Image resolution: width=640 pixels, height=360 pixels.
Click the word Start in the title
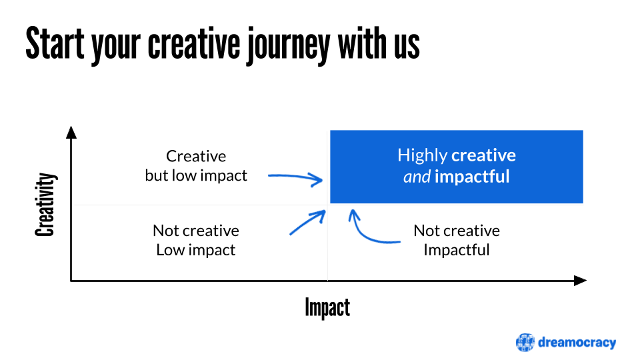[x=55, y=44]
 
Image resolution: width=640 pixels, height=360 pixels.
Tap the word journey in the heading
[x=288, y=46]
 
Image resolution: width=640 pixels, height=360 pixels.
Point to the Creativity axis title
[x=45, y=205]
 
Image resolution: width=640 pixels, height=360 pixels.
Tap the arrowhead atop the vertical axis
[x=71, y=132]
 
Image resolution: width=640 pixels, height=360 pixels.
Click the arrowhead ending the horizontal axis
[x=580, y=281]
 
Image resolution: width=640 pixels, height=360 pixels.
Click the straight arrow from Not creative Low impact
[x=307, y=223]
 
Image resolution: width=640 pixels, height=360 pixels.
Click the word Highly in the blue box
[x=423, y=155]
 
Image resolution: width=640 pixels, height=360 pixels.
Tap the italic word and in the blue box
[x=417, y=177]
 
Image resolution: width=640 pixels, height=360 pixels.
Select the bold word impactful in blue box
[x=472, y=177]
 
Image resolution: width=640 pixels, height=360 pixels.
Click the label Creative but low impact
[x=196, y=166]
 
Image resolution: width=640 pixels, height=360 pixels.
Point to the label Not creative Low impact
[x=196, y=240]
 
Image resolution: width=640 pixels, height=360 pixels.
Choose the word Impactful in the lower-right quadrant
[x=456, y=250]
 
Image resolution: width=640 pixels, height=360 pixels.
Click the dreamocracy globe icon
[x=525, y=342]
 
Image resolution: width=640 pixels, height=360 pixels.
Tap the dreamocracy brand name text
[x=577, y=343]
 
